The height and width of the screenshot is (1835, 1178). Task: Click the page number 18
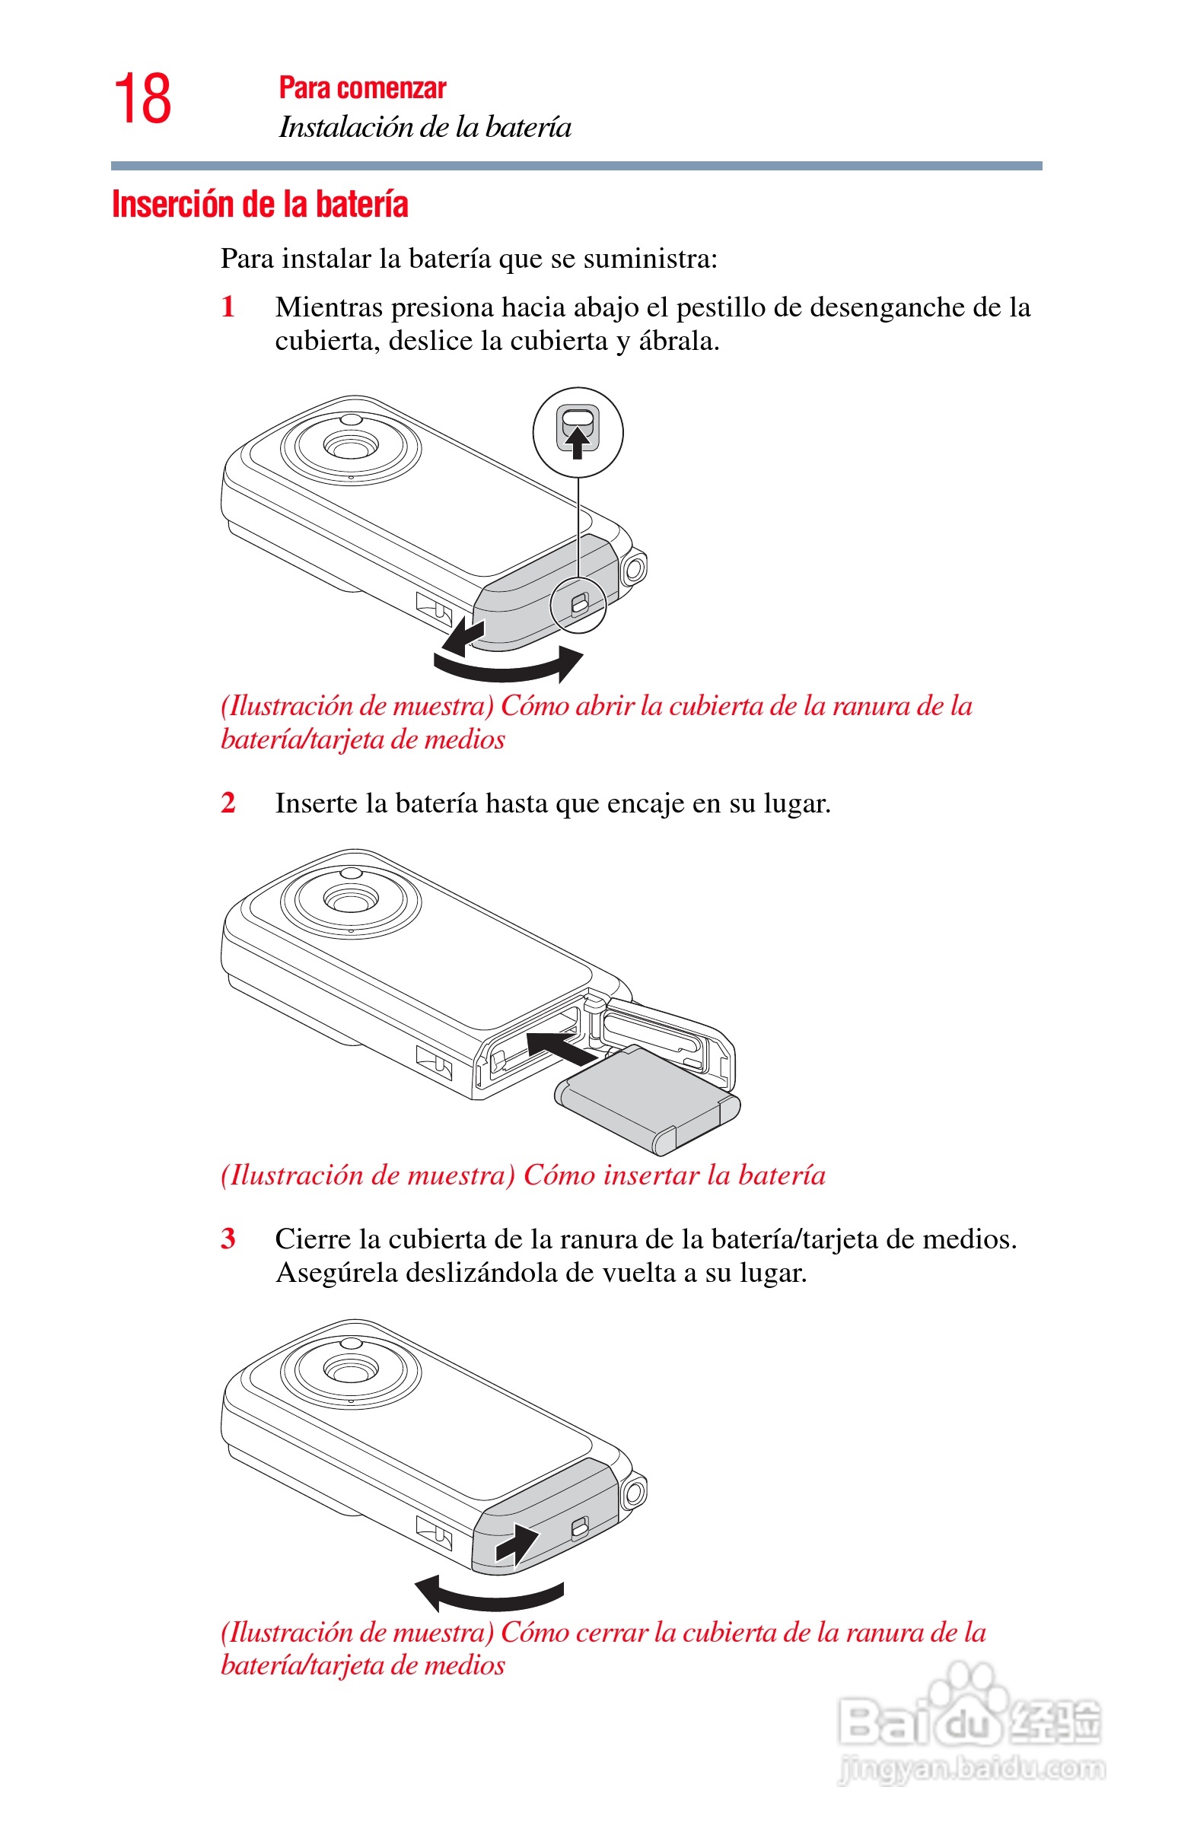click(x=143, y=99)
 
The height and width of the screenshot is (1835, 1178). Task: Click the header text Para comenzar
click(x=362, y=88)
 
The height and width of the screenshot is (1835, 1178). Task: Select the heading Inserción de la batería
click(x=260, y=204)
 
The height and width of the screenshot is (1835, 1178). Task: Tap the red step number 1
click(x=228, y=307)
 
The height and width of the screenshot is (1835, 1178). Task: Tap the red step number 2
click(x=228, y=803)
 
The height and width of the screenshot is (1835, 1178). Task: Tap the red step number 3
click(x=228, y=1239)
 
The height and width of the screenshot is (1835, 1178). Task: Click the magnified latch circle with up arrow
click(x=578, y=433)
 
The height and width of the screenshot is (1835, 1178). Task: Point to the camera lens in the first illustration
click(x=350, y=447)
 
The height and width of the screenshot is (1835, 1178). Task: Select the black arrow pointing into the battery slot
click(x=562, y=1046)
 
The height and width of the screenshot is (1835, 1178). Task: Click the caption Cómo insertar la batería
click(x=675, y=1175)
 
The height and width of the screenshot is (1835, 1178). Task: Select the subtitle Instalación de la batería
click(x=425, y=127)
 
